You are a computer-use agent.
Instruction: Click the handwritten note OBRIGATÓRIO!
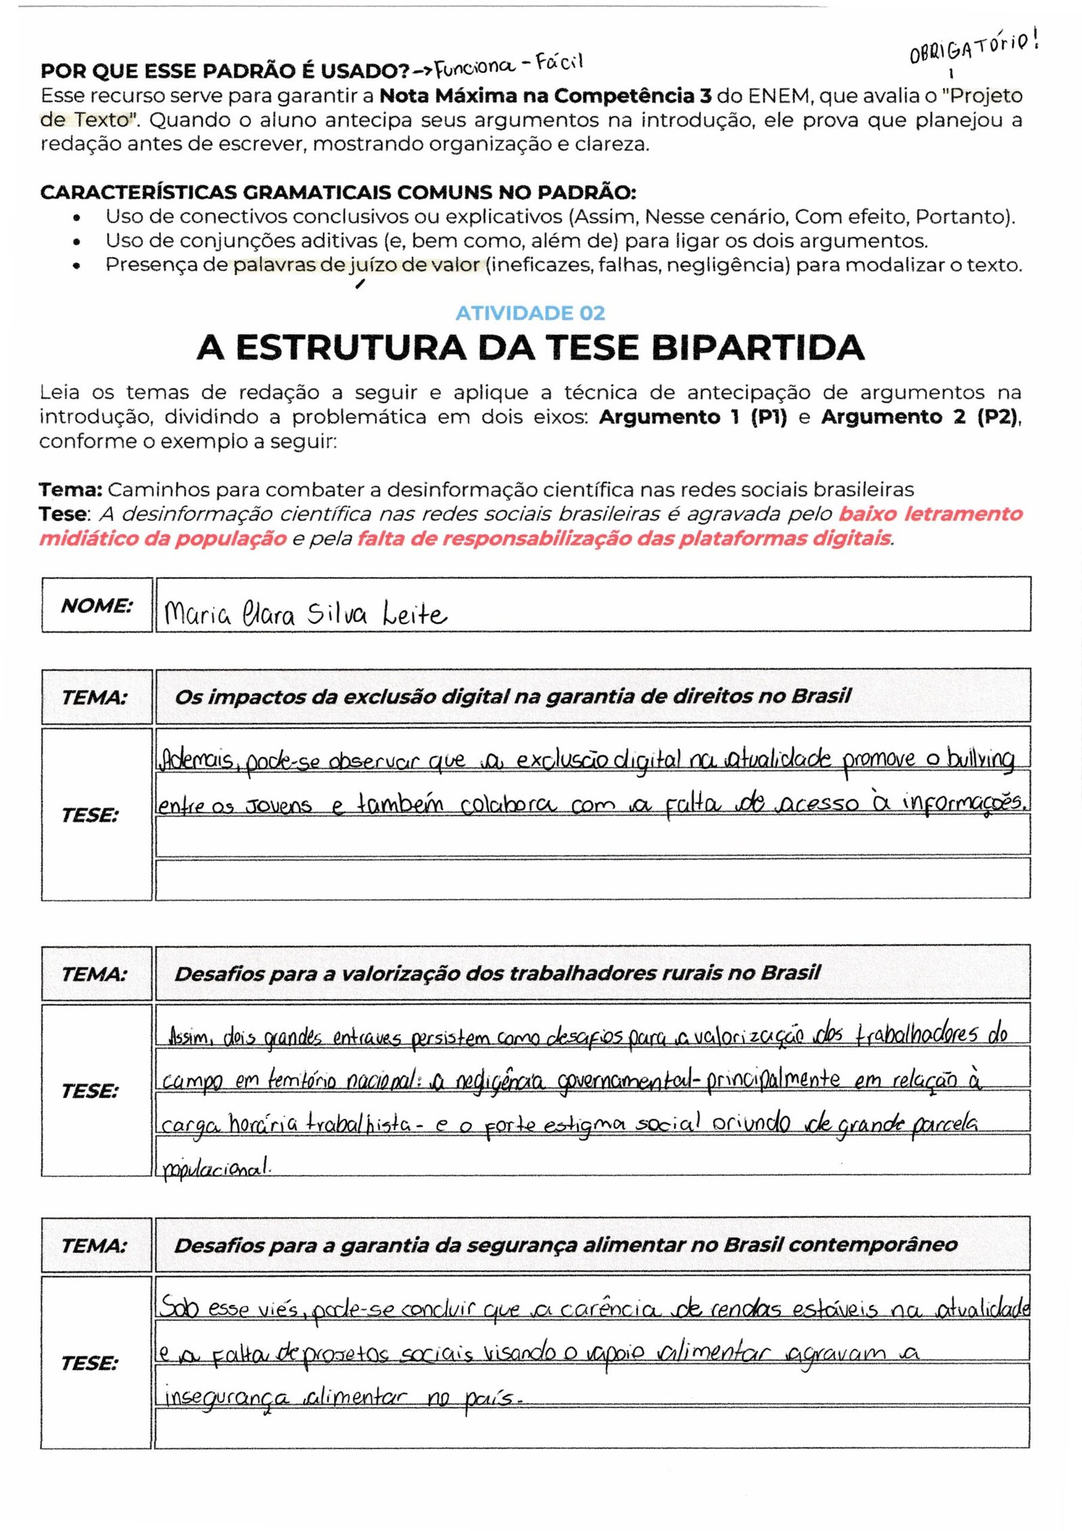click(x=973, y=48)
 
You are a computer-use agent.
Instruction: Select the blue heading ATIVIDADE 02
click(x=530, y=313)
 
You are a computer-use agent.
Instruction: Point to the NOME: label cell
click(x=97, y=605)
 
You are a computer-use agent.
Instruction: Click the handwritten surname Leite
click(x=415, y=614)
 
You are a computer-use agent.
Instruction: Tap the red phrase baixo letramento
click(x=931, y=514)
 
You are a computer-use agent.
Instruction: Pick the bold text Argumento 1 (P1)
click(x=692, y=417)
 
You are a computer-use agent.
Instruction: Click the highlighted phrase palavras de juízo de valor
click(x=356, y=265)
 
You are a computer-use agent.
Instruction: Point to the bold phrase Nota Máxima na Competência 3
click(x=545, y=96)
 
